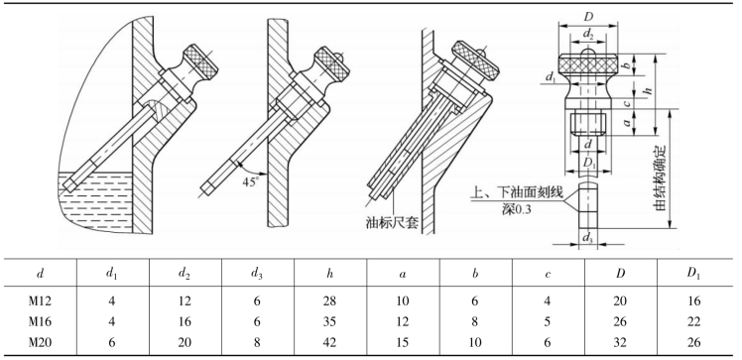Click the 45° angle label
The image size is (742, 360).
(x=251, y=181)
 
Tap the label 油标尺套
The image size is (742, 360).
(x=393, y=222)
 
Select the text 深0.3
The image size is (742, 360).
(x=516, y=208)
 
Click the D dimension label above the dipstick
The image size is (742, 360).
(x=588, y=17)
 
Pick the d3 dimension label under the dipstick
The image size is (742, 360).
(x=587, y=238)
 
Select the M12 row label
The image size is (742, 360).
(x=40, y=300)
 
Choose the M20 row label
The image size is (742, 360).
(x=40, y=342)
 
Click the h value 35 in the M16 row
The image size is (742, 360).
(x=329, y=321)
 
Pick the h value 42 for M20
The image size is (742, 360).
(x=329, y=342)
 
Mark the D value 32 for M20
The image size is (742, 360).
(x=620, y=342)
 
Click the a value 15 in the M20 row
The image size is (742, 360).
(x=402, y=342)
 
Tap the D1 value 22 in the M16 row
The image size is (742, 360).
(x=693, y=321)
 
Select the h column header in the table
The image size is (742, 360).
(x=329, y=274)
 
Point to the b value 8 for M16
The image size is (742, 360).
(x=474, y=321)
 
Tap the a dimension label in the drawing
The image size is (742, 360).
(x=627, y=122)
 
